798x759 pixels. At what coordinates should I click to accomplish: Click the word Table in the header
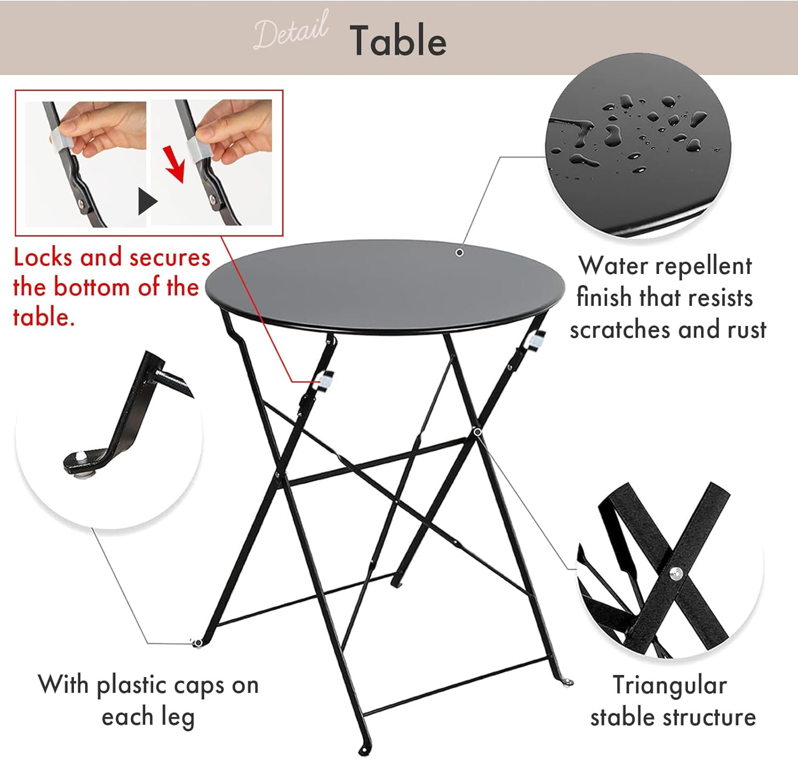pyautogui.click(x=398, y=41)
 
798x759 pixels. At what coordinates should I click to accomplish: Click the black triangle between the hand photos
pyautogui.click(x=147, y=201)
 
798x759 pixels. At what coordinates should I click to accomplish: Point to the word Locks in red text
pyautogui.click(x=43, y=257)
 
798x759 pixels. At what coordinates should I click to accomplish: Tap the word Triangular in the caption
pyautogui.click(x=669, y=685)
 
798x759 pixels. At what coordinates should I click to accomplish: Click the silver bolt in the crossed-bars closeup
pyautogui.click(x=676, y=573)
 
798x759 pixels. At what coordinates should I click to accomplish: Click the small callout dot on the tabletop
pyautogui.click(x=459, y=253)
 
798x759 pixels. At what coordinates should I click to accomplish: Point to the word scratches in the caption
pyautogui.click(x=620, y=330)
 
